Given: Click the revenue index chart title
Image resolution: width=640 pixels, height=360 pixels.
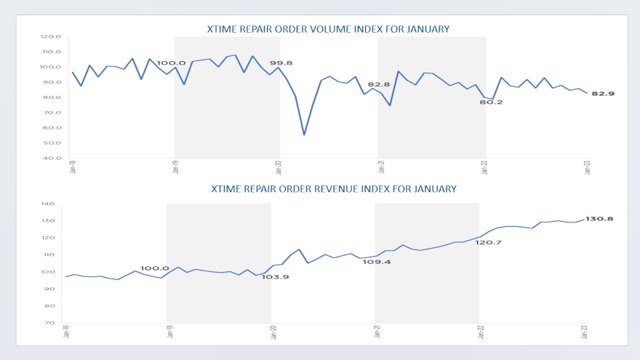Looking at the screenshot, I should [x=334, y=189].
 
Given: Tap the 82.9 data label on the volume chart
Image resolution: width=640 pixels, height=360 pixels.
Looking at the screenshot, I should [x=605, y=95].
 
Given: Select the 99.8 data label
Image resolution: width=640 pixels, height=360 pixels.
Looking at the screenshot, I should [x=281, y=63].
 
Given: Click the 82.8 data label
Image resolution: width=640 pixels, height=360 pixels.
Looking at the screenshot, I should [x=379, y=85].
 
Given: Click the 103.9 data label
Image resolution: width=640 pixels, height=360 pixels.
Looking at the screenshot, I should [x=276, y=277].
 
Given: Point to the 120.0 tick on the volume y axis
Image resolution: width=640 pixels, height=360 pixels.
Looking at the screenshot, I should [x=51, y=36].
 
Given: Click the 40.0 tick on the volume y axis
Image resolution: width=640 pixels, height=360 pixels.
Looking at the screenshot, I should [x=52, y=158].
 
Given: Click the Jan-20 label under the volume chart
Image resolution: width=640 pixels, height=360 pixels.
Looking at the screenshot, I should [x=279, y=167].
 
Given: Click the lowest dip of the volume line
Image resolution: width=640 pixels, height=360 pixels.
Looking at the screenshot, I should [x=304, y=135].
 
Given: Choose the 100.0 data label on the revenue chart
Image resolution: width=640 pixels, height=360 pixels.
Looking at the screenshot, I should [x=154, y=268].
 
